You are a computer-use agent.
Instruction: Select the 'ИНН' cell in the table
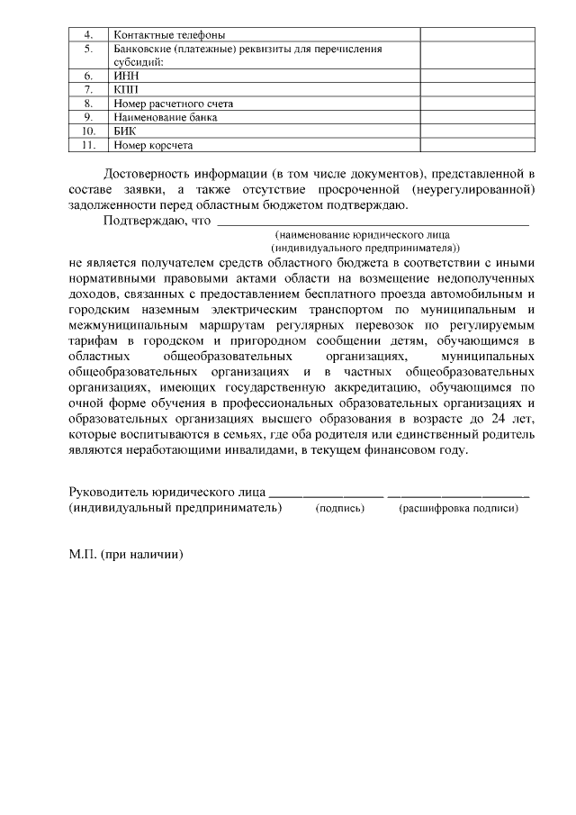coord(125,77)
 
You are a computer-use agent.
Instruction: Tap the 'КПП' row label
coord(126,90)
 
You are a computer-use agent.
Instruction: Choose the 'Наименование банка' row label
coord(166,117)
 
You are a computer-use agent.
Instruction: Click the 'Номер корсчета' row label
coord(153,144)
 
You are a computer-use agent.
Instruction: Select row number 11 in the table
coord(88,144)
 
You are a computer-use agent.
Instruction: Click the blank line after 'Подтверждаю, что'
coord(373,221)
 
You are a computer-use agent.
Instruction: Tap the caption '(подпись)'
coord(339,509)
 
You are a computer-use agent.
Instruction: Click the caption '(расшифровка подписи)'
coord(458,509)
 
